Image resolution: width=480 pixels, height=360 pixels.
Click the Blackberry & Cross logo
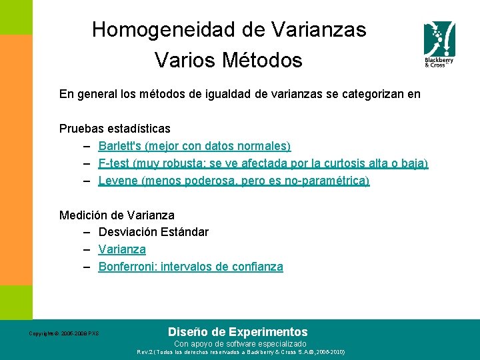[439, 44]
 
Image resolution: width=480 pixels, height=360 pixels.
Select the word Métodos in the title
[263, 61]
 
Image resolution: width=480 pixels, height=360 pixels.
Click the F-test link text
[113, 163]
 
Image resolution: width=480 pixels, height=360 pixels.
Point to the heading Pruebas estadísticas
[115, 128]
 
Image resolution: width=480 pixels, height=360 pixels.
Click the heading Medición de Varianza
[117, 215]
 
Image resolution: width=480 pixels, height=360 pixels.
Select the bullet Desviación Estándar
[153, 232]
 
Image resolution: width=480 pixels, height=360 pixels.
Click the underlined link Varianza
[122, 249]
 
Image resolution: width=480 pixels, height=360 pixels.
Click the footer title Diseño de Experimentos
[237, 331]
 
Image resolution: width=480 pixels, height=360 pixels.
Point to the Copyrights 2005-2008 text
[63, 333]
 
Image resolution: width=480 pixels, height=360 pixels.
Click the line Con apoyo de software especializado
[240, 343]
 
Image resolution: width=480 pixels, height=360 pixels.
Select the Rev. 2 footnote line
[240, 351]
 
